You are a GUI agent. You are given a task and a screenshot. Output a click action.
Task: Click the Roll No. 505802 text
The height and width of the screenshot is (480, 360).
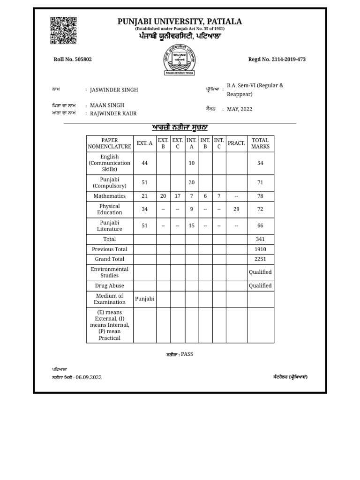pyautogui.click(x=73, y=59)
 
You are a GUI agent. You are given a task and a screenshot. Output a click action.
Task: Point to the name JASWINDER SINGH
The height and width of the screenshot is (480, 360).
pyautogui.click(x=114, y=90)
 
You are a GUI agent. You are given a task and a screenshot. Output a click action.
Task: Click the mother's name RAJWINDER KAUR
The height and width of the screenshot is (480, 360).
pyautogui.click(x=113, y=113)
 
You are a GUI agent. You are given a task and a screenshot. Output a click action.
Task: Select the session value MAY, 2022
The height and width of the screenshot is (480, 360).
pyautogui.click(x=240, y=109)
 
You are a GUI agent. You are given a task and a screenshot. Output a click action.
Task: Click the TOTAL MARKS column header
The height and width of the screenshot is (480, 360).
pyautogui.click(x=260, y=143)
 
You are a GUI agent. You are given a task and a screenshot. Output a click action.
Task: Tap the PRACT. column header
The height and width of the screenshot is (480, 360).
pyautogui.click(x=236, y=143)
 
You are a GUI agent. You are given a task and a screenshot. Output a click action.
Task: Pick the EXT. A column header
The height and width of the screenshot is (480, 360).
pyautogui.click(x=144, y=143)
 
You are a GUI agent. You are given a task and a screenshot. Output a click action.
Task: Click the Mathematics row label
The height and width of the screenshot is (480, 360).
pyautogui.click(x=110, y=196)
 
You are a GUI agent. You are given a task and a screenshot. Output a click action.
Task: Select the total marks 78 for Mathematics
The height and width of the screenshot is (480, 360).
pyautogui.click(x=260, y=196)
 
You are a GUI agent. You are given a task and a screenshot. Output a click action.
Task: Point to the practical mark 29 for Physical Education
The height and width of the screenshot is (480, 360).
pyautogui.click(x=236, y=209)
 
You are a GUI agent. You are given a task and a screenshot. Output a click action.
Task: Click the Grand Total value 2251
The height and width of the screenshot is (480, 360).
pyautogui.click(x=260, y=259)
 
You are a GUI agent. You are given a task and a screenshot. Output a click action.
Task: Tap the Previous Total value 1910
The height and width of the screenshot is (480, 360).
pyautogui.click(x=260, y=249)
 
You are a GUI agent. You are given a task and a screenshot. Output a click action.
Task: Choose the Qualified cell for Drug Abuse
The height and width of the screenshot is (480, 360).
pyautogui.click(x=260, y=285)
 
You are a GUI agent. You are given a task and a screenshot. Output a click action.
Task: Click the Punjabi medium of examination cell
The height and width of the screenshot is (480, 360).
pyautogui.click(x=144, y=299)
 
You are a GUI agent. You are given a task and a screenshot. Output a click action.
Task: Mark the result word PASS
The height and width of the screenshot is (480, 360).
pyautogui.click(x=187, y=354)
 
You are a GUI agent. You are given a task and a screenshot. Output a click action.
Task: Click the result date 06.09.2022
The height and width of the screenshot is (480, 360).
pyautogui.click(x=89, y=377)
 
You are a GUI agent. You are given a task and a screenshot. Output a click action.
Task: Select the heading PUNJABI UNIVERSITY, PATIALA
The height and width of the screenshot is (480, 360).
pyautogui.click(x=180, y=22)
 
